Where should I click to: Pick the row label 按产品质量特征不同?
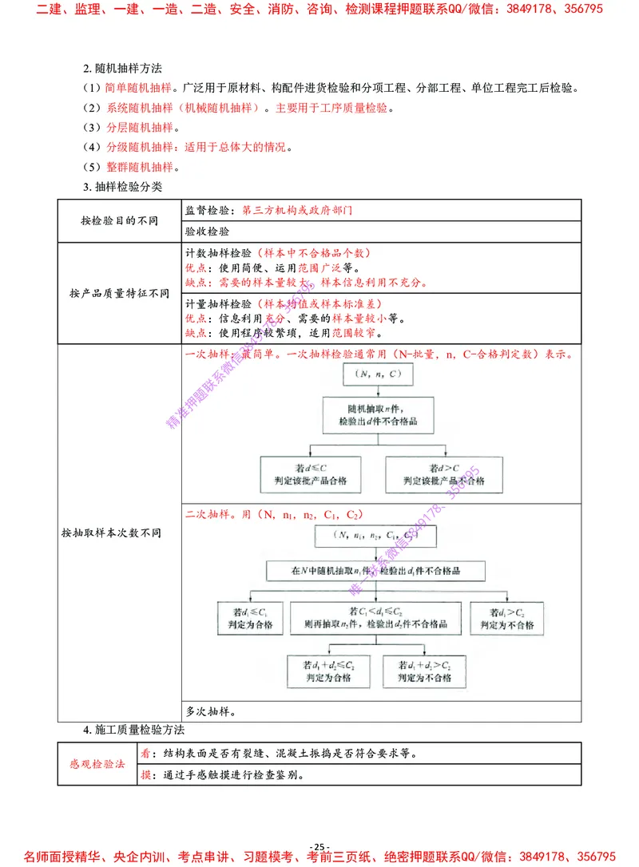click(120, 293)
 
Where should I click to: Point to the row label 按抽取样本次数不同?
click(112, 532)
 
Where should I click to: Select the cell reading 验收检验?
click(208, 232)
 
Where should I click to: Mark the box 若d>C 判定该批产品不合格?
click(444, 473)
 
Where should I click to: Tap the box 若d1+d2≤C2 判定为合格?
click(328, 671)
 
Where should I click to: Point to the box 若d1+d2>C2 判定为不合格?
click(423, 671)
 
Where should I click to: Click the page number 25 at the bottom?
click(319, 847)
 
